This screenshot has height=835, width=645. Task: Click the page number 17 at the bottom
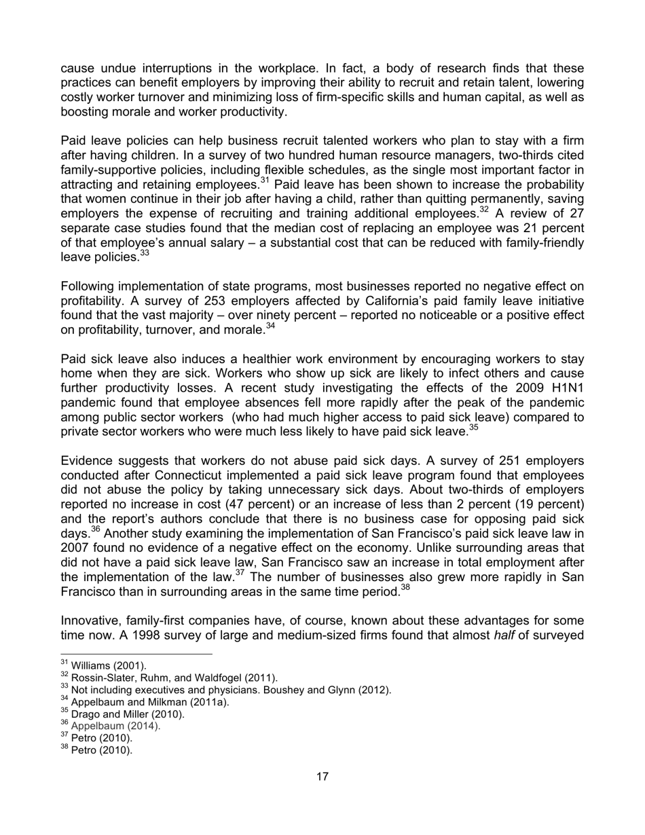[x=322, y=777]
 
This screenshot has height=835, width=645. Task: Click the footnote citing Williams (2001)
[x=109, y=665]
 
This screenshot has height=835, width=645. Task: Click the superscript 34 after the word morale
[x=270, y=327]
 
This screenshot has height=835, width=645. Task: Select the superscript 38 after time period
[x=405, y=587]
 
